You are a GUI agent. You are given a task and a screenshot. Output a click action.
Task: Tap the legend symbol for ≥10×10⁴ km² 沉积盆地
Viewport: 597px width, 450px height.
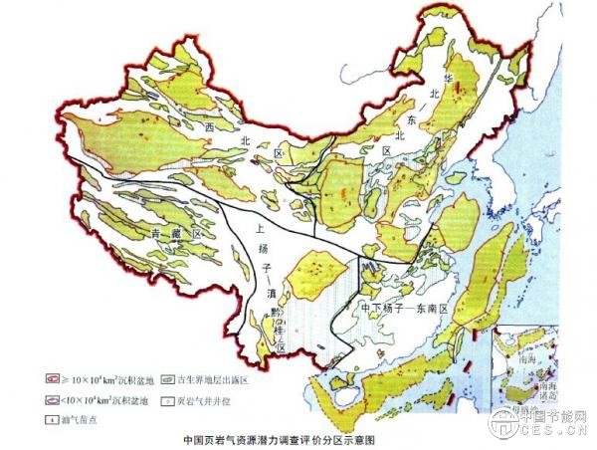[53, 380]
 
